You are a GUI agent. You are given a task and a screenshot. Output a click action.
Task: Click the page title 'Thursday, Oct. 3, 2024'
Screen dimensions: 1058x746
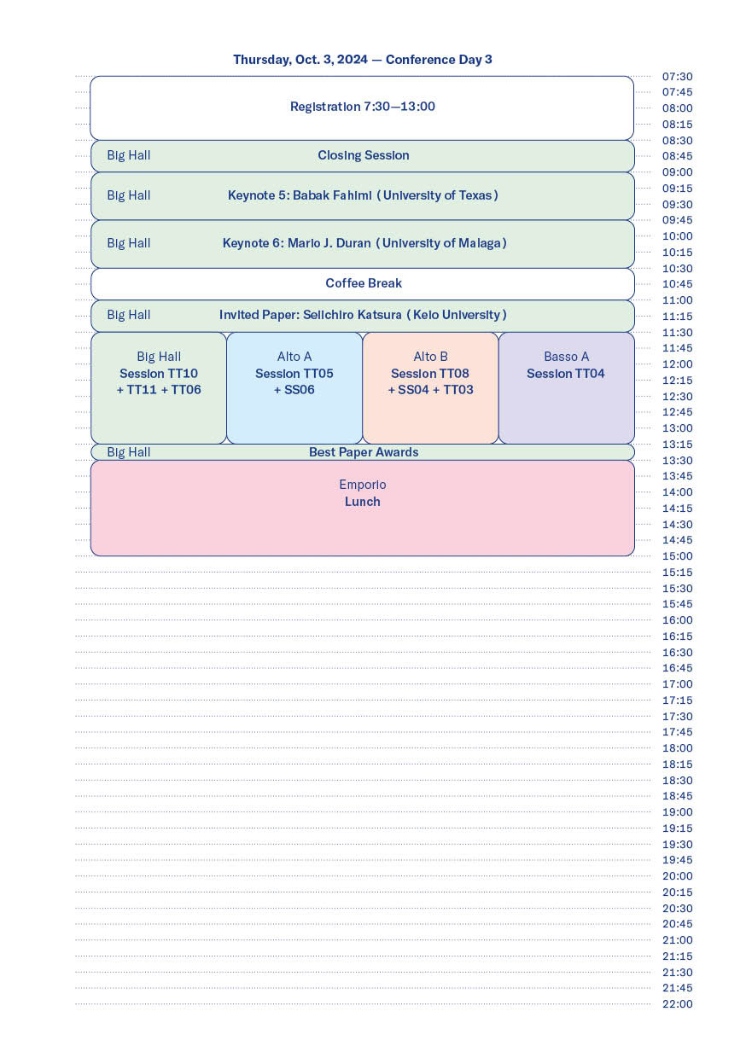[300, 60]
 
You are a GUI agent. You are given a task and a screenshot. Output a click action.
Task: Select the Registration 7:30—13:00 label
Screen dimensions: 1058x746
[363, 107]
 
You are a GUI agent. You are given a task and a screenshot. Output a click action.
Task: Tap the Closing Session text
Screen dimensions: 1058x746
[364, 155]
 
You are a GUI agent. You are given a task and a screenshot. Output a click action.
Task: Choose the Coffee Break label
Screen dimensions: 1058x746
[364, 283]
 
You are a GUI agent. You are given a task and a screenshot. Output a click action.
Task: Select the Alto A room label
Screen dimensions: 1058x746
[294, 357]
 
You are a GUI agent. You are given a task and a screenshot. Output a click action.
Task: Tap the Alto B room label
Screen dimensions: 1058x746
[430, 357]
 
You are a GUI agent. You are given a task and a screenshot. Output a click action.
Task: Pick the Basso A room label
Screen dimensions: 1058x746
[566, 357]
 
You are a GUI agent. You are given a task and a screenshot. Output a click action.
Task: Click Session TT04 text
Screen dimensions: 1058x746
[566, 374]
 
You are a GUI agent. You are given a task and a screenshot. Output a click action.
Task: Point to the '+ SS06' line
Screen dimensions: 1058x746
[294, 390]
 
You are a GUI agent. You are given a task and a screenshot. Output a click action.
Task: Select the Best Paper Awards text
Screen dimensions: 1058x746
[364, 452]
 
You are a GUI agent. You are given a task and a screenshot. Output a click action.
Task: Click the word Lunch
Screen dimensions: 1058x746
[363, 502]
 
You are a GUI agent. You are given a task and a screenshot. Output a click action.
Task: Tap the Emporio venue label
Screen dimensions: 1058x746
[363, 485]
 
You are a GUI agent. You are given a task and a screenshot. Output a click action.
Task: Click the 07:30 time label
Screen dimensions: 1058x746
[678, 77]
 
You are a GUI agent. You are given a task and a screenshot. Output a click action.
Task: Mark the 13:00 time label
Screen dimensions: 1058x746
[678, 428]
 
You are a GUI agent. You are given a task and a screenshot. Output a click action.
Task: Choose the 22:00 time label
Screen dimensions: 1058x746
[678, 1004]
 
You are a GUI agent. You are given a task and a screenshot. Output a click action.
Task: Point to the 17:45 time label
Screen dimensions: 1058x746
[678, 732]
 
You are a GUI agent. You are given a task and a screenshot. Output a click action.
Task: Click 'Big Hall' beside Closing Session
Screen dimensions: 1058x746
[129, 155]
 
